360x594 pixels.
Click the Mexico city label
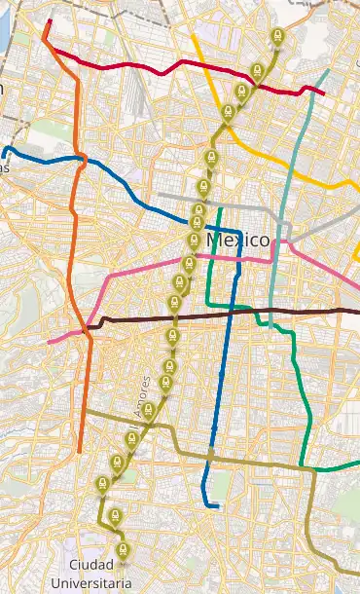pyautogui.click(x=237, y=240)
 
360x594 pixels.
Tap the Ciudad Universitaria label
pyautogui.click(x=99, y=575)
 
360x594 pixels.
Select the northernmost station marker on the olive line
pyautogui.click(x=277, y=39)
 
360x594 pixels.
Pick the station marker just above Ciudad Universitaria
pyautogui.click(x=123, y=551)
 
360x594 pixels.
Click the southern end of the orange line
pyautogui.click(x=79, y=451)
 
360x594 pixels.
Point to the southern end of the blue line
pyautogui.click(x=215, y=506)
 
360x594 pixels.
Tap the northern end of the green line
pyautogui.click(x=221, y=208)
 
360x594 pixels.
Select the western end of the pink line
pyautogui.click(x=49, y=342)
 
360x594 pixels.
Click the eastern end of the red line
pyautogui.click(x=323, y=93)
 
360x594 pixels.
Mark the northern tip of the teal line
pyautogui.click(x=328, y=71)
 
